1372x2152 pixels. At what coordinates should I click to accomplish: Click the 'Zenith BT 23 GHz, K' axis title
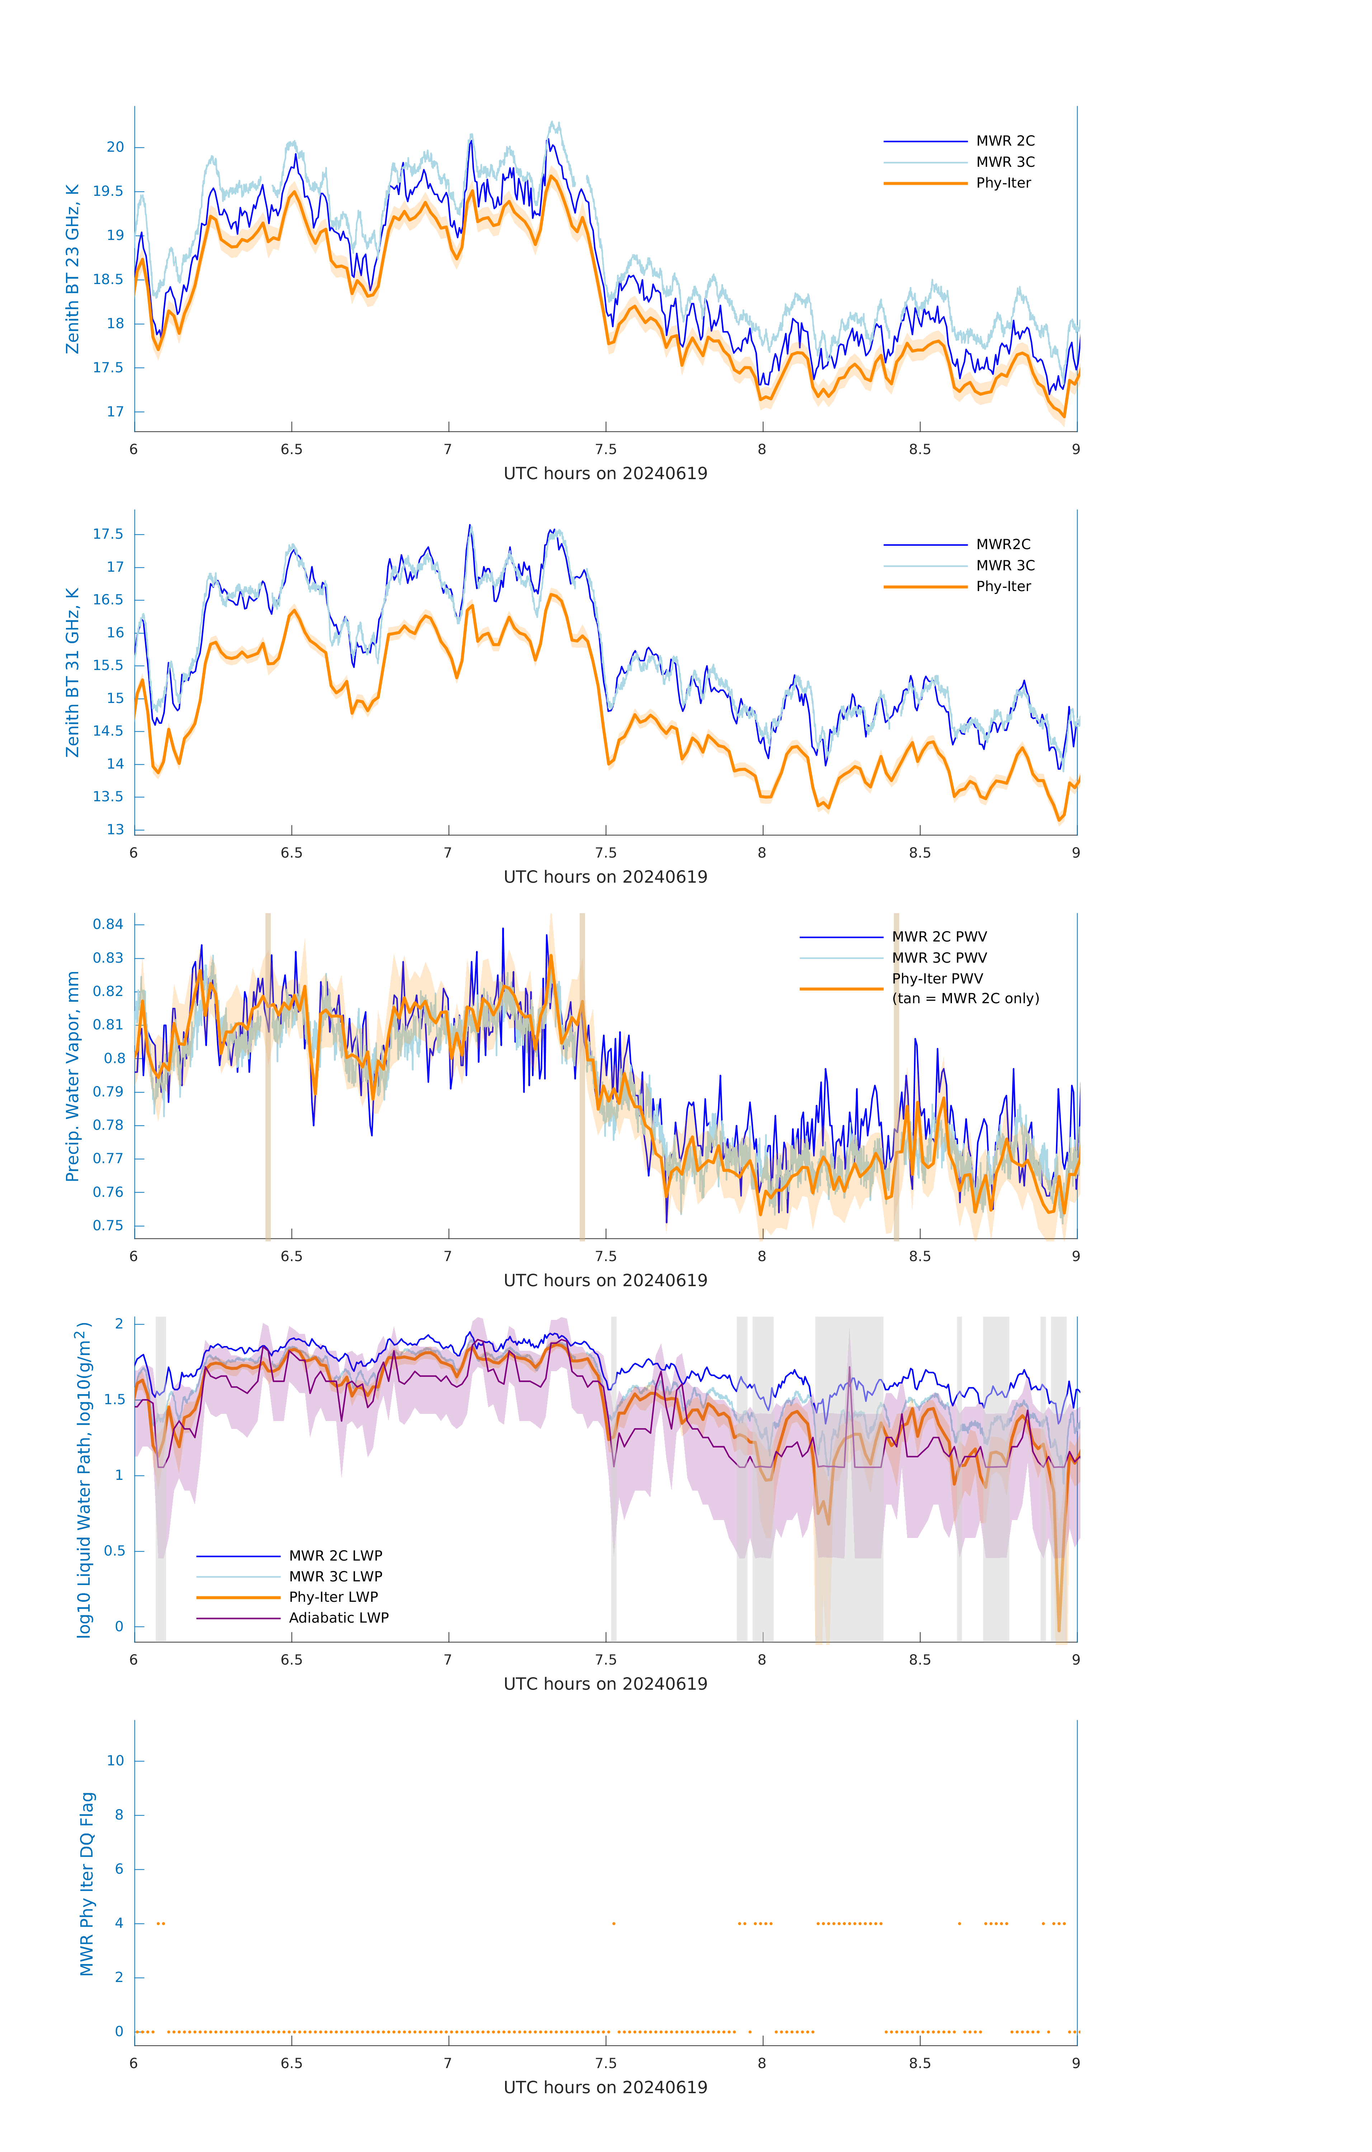(x=72, y=269)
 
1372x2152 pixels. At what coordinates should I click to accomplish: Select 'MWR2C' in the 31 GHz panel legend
(x=1003, y=544)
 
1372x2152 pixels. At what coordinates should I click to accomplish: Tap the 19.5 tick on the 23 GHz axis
(x=108, y=191)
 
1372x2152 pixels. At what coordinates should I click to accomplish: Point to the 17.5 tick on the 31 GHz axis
(x=108, y=534)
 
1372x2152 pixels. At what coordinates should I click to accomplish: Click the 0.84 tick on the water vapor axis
(x=108, y=924)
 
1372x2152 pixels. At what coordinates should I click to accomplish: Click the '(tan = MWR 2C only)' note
(x=965, y=998)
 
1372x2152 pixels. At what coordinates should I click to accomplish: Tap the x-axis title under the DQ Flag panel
(x=605, y=2088)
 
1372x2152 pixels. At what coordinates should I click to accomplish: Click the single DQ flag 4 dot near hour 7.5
(x=613, y=1923)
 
